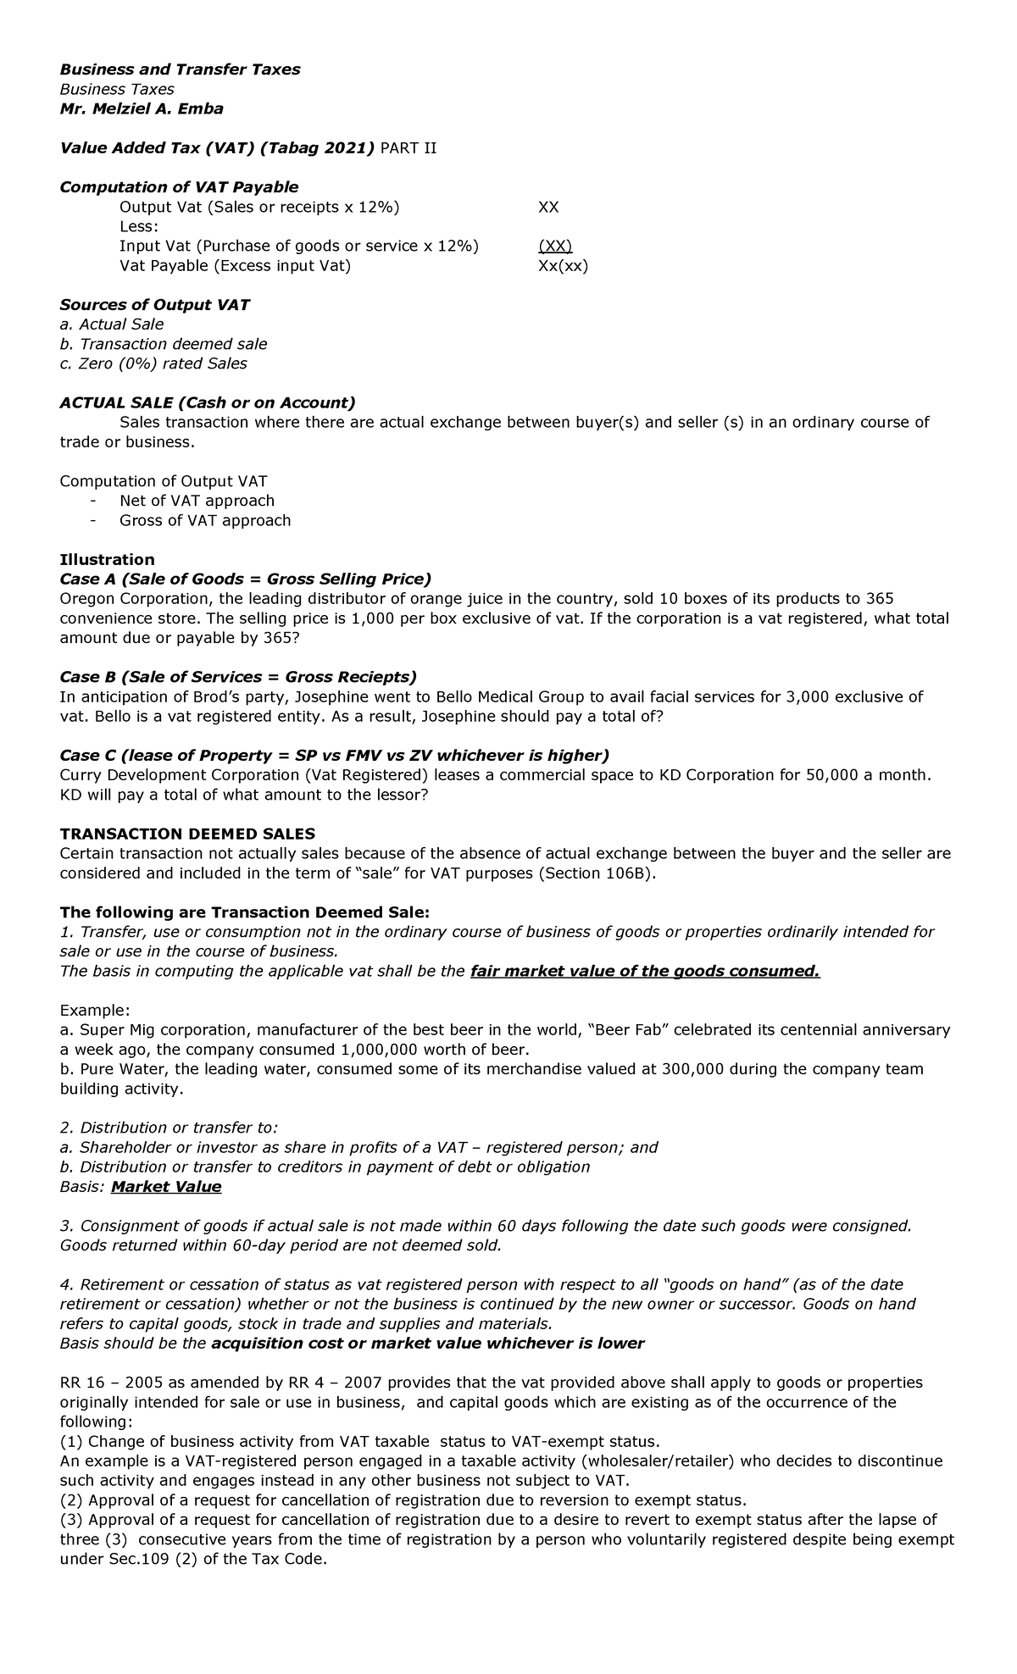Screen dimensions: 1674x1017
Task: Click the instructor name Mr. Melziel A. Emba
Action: [x=142, y=108]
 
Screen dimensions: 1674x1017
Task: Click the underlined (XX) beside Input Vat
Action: [x=555, y=246]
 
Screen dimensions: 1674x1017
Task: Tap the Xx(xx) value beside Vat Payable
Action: [x=563, y=265]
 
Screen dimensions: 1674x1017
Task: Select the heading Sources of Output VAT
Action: [x=154, y=304]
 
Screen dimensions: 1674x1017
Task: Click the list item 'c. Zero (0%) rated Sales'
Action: [x=153, y=363]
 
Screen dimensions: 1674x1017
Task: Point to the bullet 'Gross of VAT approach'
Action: [x=205, y=520]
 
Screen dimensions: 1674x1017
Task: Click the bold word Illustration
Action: [x=107, y=559]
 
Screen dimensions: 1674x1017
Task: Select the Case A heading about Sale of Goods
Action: [x=245, y=579]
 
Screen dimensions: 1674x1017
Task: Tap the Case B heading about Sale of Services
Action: [x=238, y=677]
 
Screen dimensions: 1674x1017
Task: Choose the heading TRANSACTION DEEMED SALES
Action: [x=187, y=834]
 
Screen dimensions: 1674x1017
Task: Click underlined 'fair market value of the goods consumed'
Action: [x=644, y=971]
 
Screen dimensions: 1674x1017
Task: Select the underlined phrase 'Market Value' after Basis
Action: [x=166, y=1186]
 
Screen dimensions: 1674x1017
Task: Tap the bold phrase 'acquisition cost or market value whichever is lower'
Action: [x=427, y=1343]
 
